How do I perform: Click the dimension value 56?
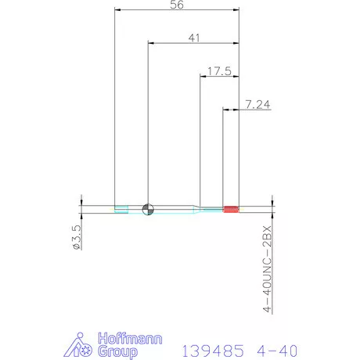176,5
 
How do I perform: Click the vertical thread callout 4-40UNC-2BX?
267,270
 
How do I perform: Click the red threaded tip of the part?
231,209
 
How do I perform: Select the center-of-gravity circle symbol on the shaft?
148,209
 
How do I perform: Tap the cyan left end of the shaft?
121,209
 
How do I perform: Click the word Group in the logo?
115,352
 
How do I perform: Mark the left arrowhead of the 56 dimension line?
117,10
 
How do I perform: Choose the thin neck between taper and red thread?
212,209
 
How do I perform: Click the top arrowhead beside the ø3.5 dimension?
81,202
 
